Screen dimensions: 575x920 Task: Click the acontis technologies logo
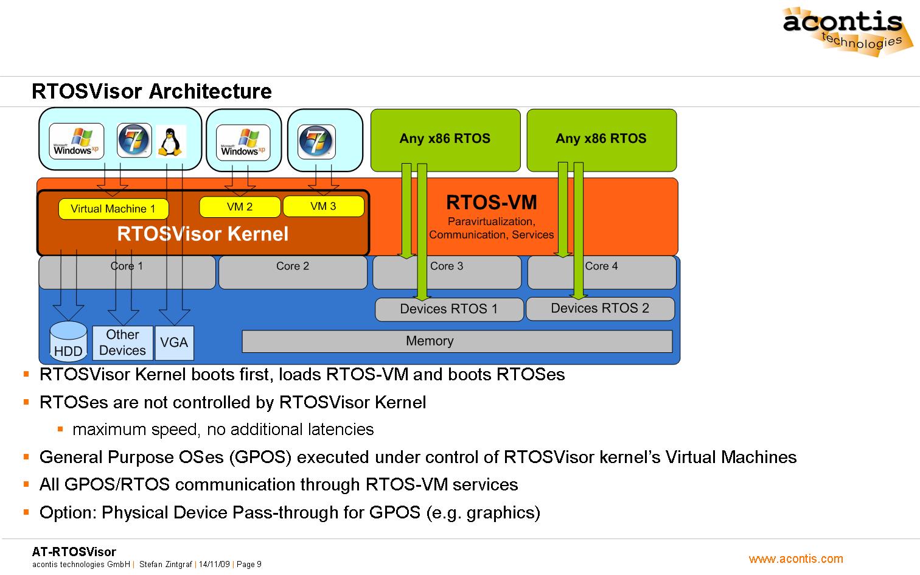click(x=845, y=30)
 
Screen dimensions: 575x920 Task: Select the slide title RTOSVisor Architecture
click(x=152, y=91)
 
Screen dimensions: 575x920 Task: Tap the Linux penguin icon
click(x=170, y=141)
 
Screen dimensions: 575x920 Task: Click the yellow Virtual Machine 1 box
click(x=113, y=209)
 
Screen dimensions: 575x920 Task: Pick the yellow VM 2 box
click(x=240, y=207)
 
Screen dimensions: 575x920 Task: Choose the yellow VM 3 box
click(x=323, y=206)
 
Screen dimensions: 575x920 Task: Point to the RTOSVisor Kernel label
click(x=203, y=234)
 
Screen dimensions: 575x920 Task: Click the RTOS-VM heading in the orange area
click(x=491, y=203)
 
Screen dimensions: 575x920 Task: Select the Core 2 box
click(x=293, y=272)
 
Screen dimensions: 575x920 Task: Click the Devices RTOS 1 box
click(x=449, y=309)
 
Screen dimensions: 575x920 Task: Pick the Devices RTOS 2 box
click(x=600, y=308)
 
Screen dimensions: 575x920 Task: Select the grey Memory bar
click(x=456, y=341)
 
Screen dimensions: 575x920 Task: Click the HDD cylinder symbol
click(x=68, y=341)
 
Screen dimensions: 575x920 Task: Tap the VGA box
click(x=174, y=343)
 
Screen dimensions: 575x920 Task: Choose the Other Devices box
click(x=122, y=343)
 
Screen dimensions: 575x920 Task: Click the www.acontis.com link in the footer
click(x=796, y=559)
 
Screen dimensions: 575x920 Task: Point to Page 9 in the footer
click(x=249, y=565)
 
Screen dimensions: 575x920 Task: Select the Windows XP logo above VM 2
click(x=243, y=142)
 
